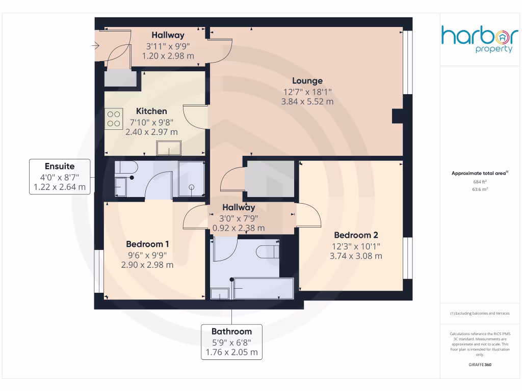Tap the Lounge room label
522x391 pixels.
point(307,80)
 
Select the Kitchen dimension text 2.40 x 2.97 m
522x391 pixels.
point(151,132)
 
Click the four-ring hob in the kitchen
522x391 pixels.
point(114,119)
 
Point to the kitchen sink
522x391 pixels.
point(169,148)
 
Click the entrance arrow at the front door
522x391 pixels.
point(96,46)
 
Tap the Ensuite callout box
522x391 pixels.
point(60,177)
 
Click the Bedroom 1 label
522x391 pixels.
point(147,244)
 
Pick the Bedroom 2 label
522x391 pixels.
point(356,235)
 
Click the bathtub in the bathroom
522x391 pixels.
point(263,289)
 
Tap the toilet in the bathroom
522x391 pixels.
point(268,251)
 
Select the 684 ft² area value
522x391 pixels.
point(480,181)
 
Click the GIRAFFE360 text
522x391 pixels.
point(480,365)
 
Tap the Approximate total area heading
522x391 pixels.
point(480,173)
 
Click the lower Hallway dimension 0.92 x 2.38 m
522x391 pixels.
point(239,228)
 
